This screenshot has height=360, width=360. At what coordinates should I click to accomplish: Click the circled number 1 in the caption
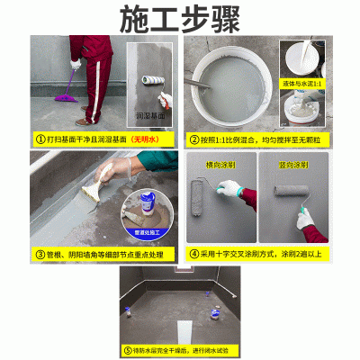pyautogui.click(x=40, y=139)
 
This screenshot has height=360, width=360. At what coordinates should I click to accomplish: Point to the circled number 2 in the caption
pyautogui.click(x=193, y=139)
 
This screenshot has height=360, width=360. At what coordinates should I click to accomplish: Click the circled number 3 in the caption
pyautogui.click(x=40, y=255)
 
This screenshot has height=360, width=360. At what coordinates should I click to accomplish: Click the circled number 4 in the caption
pyautogui.click(x=193, y=255)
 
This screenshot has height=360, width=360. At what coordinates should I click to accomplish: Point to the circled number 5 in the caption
pyautogui.click(x=128, y=349)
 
